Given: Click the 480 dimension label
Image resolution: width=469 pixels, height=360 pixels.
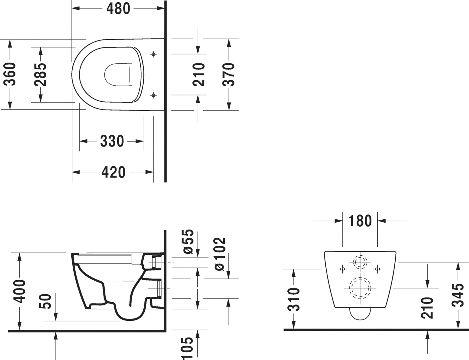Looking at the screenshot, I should pyautogui.click(x=118, y=9).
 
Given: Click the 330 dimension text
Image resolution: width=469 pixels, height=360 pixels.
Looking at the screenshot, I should pyautogui.click(x=112, y=141).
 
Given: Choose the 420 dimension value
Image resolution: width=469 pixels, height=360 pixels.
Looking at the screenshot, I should pyautogui.click(x=113, y=172).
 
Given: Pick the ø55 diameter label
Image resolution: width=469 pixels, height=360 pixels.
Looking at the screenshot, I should pyautogui.click(x=189, y=242).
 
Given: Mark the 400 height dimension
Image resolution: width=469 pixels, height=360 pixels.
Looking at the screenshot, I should pyautogui.click(x=20, y=291).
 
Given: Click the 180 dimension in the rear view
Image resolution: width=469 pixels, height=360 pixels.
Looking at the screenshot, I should pyautogui.click(x=360, y=221).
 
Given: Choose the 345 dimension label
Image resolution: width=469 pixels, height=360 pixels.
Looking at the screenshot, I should pyautogui.click(x=458, y=295).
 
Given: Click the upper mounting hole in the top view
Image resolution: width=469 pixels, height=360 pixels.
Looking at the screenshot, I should pyautogui.click(x=153, y=54).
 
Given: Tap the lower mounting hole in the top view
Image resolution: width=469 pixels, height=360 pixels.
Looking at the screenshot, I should pyautogui.click(x=153, y=95).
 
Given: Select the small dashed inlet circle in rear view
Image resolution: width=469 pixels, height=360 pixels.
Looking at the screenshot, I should pyautogui.click(x=360, y=262).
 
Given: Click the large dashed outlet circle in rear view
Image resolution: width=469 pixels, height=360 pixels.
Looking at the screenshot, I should pyautogui.click(x=360, y=288).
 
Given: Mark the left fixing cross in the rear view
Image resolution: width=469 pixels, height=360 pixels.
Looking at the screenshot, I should pyautogui.click(x=342, y=269).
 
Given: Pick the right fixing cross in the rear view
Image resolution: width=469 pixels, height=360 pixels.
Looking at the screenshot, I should pyautogui.click(x=378, y=269).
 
